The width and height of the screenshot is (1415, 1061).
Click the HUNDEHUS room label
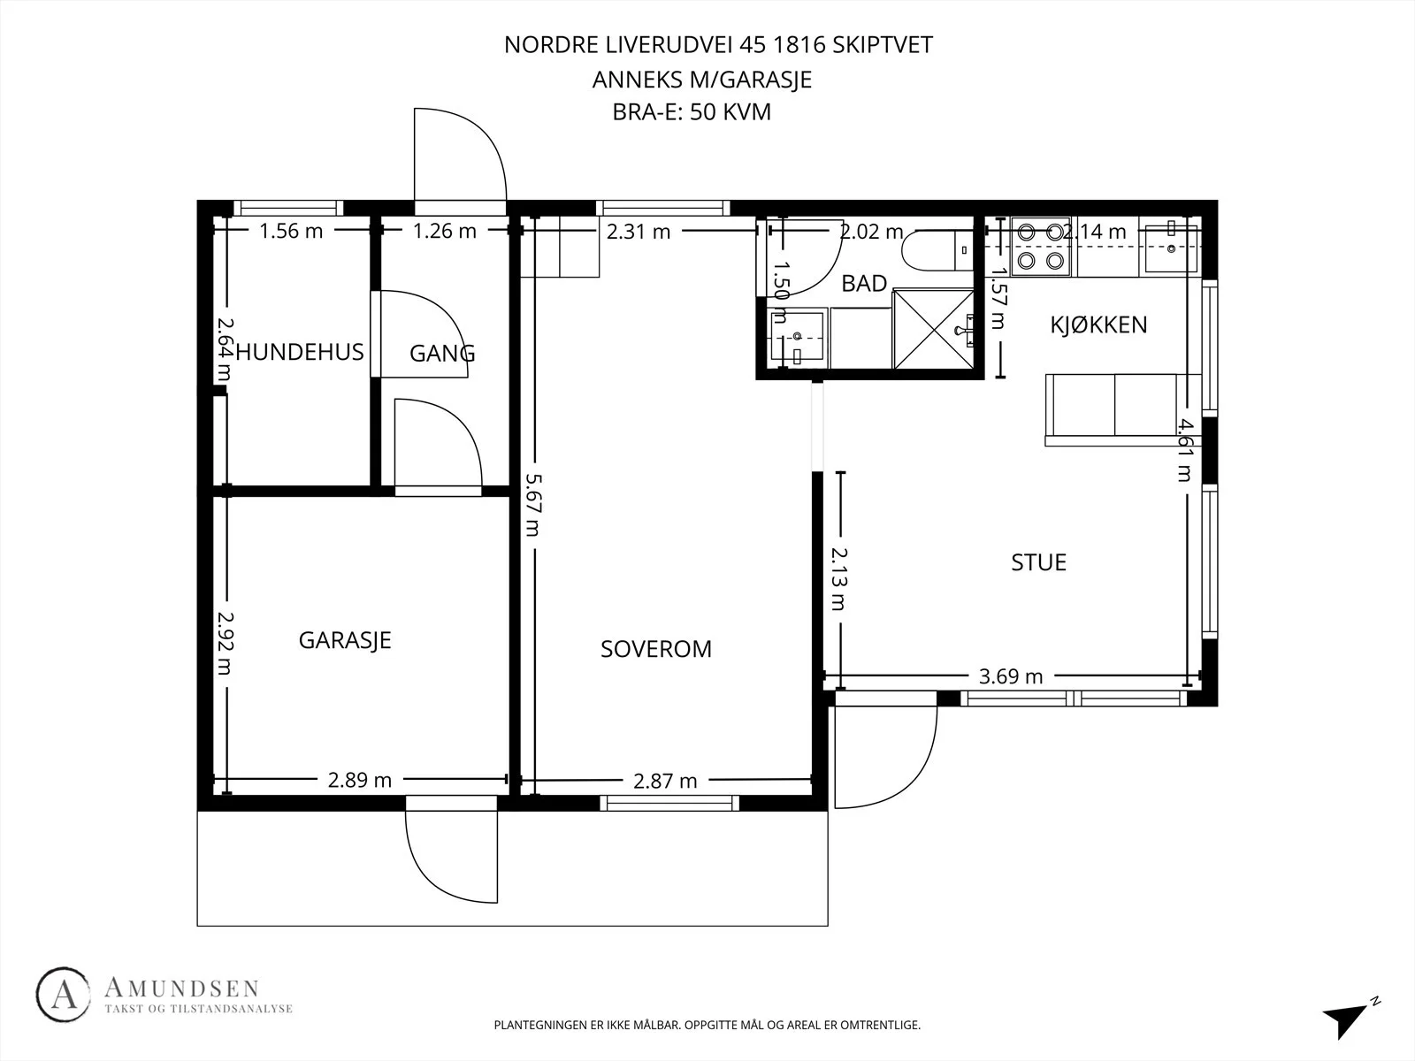pos(300,353)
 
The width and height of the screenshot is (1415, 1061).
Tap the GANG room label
pos(442,353)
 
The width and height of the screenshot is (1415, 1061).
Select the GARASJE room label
pos(345,639)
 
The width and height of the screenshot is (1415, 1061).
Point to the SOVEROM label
pos(656,649)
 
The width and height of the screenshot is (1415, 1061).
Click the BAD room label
pos(864,284)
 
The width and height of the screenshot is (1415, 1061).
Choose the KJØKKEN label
pos(1099,324)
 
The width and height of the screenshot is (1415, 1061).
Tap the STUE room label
pos(1038,562)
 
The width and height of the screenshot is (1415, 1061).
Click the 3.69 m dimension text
pos(1011,676)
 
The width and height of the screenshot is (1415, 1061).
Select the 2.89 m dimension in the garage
pos(360,780)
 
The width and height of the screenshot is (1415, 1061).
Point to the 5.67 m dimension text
pos(533,505)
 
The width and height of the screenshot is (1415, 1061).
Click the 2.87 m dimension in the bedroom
pos(665,781)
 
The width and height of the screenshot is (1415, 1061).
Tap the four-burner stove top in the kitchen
pos(1040,247)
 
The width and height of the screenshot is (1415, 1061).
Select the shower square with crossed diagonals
pos(933,329)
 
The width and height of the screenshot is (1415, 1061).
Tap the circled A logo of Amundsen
pos(63,995)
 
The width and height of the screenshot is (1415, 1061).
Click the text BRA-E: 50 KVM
pos(692,112)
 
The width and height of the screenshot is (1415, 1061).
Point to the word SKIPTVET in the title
pos(883,44)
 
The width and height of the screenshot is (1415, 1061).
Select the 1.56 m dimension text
pos(291,231)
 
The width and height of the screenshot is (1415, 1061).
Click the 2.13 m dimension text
pos(838,578)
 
